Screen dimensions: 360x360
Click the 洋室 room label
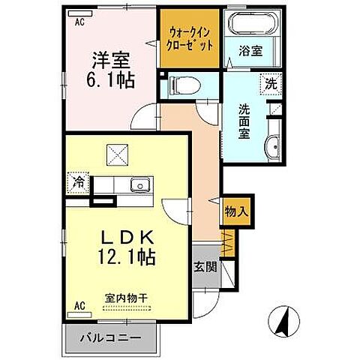(112, 58)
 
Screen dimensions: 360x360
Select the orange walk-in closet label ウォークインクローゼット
(190, 37)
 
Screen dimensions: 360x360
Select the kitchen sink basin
(137, 184)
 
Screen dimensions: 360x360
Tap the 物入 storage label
(236, 213)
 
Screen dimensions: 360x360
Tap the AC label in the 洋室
(78, 22)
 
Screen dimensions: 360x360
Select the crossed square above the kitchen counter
(118, 156)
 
